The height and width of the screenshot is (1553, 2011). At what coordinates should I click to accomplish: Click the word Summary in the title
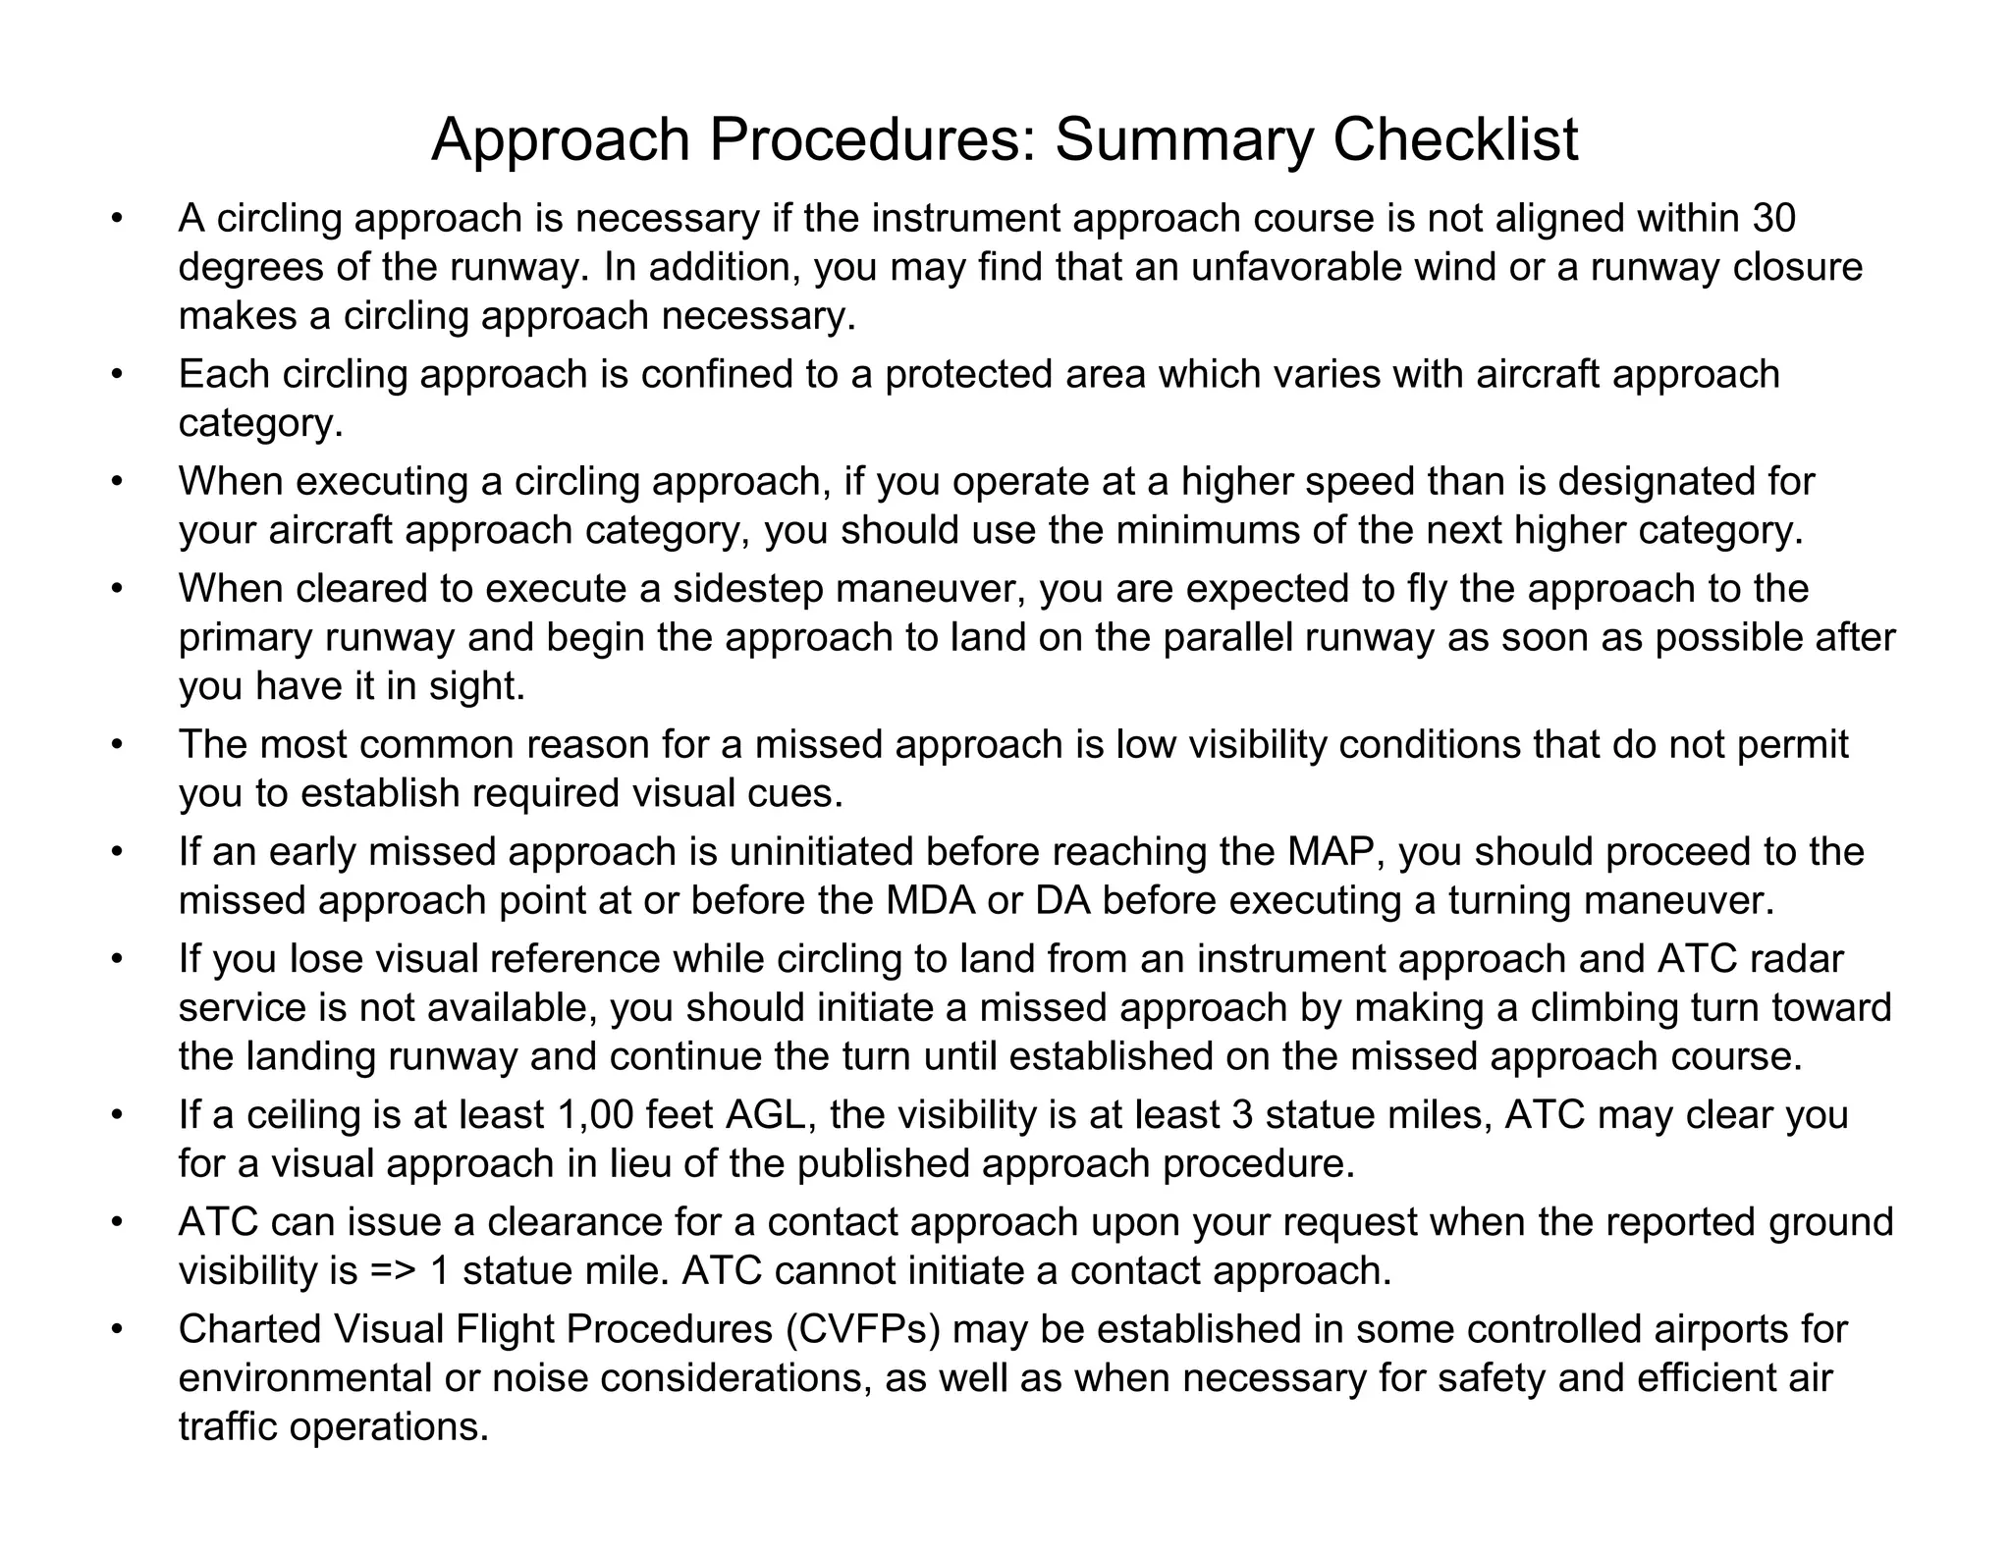click(1183, 139)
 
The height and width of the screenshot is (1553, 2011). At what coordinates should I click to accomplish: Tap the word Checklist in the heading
click(1455, 139)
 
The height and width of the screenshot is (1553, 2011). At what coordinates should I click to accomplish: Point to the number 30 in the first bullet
click(1773, 218)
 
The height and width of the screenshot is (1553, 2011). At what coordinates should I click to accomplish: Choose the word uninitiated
click(821, 851)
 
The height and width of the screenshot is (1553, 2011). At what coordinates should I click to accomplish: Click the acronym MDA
click(931, 900)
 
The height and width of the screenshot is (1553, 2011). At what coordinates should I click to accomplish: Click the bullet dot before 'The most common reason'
click(117, 744)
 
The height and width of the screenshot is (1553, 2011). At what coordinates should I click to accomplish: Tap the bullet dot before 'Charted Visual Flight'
click(117, 1328)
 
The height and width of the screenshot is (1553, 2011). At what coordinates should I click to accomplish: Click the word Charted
click(249, 1328)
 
